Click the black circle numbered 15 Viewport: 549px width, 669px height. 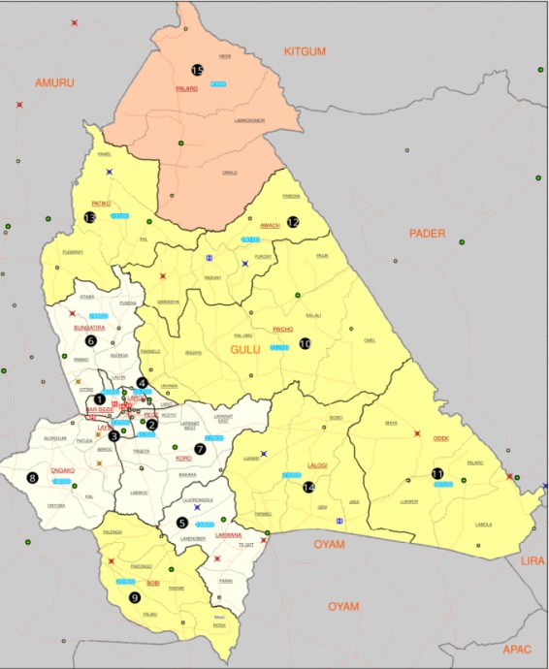(x=197, y=71)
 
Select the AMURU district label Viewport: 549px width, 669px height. (x=54, y=83)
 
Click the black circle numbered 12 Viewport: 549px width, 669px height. (x=293, y=222)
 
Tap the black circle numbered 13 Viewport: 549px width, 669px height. (x=90, y=218)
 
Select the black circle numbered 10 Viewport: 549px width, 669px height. (x=304, y=343)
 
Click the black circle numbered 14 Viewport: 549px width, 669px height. (x=309, y=487)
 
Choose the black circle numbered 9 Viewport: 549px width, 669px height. (x=134, y=596)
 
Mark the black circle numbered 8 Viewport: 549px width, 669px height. (x=32, y=477)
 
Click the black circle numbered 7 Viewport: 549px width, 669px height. (x=201, y=449)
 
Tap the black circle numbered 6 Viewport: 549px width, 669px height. (x=91, y=340)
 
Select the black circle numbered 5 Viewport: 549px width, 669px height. (x=181, y=522)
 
